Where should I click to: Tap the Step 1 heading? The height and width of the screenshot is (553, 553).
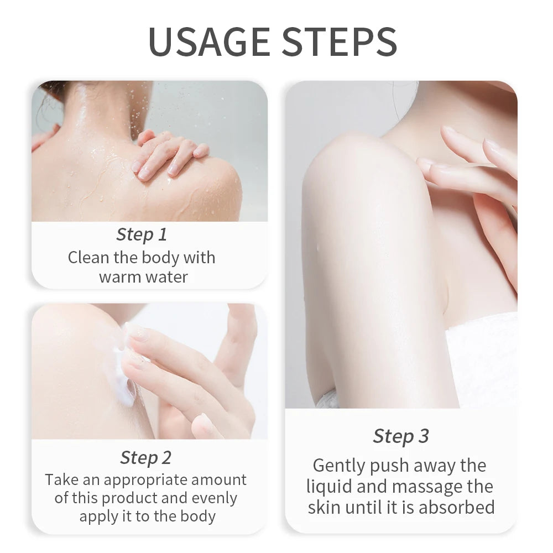pos(141,234)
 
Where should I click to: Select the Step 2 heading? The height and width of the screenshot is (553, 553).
pos(146,458)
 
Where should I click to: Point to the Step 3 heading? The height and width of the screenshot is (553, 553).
pos(400,436)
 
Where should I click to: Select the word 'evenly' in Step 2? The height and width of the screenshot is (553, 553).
pos(214,498)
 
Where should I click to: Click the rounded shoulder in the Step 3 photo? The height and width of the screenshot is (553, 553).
pos(354,166)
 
